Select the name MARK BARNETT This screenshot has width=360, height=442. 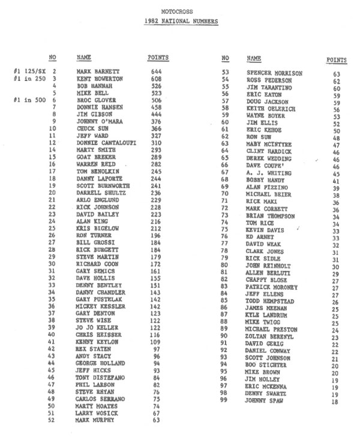tap(99, 71)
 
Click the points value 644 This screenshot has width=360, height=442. tap(158, 71)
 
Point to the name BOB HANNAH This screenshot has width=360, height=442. tap(95, 86)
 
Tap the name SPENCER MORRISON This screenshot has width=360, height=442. tap(275, 73)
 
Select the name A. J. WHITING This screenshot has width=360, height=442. tap(269, 173)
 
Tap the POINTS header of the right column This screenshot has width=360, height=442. tap(337, 60)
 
